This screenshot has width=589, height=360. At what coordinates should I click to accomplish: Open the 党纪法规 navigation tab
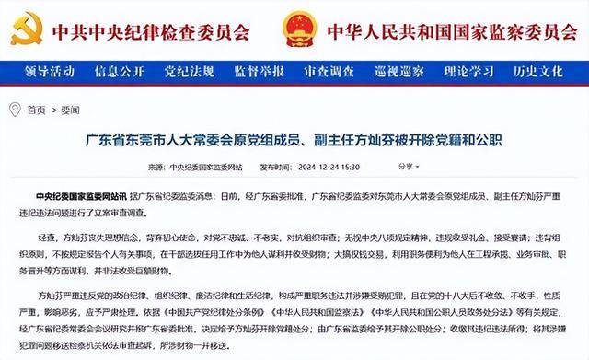(x=187, y=71)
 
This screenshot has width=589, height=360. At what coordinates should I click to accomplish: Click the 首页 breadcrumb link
(x=36, y=109)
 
